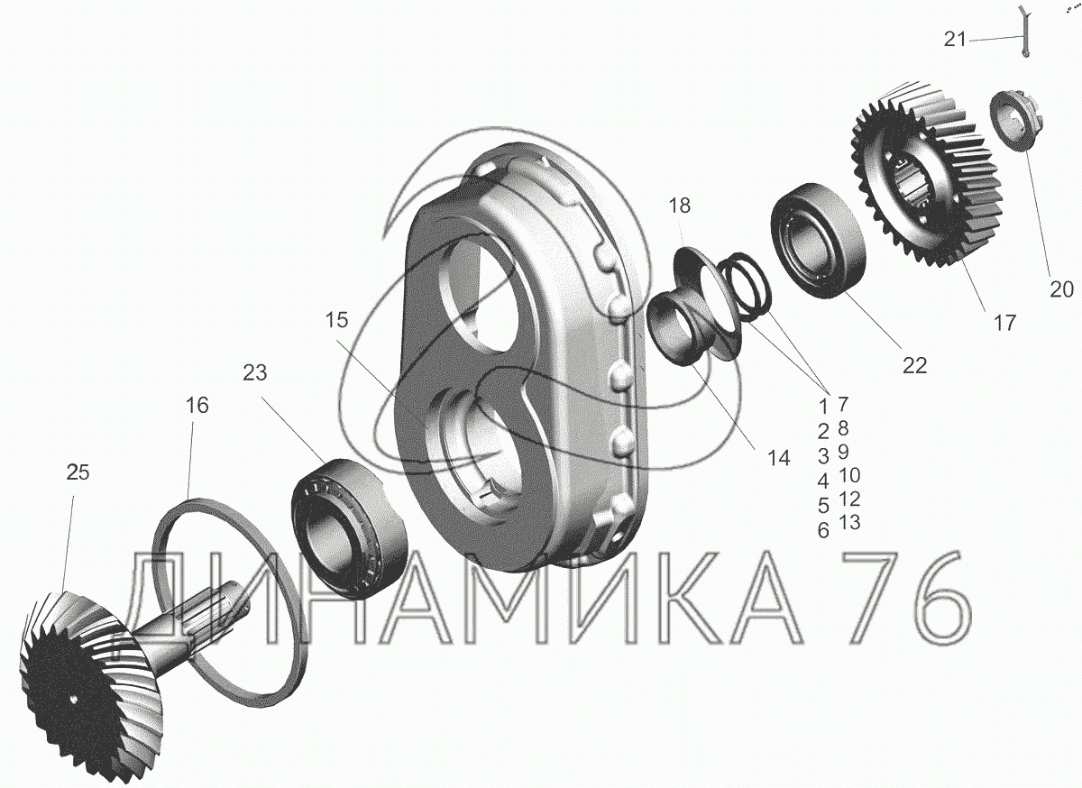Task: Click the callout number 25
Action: point(78,472)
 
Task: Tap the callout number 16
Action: point(197,406)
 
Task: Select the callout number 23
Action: point(254,372)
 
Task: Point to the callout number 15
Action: point(336,320)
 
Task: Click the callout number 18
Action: point(680,206)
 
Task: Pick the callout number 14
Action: point(779,458)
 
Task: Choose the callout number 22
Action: point(915,366)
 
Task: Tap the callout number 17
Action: point(1004,322)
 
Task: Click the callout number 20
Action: point(1062,289)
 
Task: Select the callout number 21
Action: point(955,39)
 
